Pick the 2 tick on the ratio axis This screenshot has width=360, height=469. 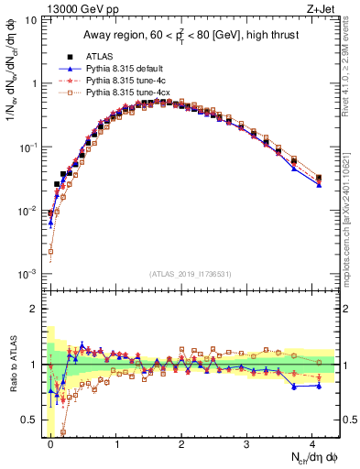point(33,309)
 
